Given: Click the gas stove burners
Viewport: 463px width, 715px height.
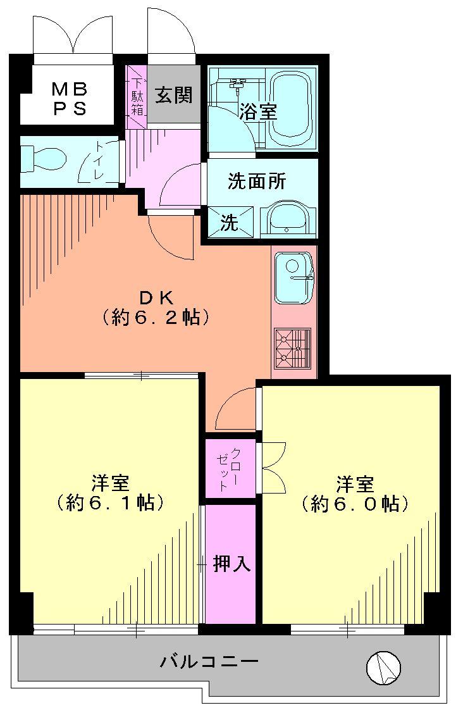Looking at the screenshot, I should point(293,348).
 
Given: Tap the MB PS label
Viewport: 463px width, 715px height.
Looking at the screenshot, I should point(70,98).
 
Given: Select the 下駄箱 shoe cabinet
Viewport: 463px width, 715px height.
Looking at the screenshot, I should point(137,97).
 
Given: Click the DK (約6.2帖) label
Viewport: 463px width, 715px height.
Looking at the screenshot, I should point(156,307).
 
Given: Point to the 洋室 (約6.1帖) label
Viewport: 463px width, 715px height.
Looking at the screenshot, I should point(111,494).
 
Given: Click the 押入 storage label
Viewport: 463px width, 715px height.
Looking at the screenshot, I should point(231,563).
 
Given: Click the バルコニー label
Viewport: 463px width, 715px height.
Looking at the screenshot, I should point(209,662).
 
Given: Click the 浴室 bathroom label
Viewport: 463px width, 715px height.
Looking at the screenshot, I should point(257,112).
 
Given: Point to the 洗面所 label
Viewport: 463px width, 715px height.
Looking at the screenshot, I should point(257,182).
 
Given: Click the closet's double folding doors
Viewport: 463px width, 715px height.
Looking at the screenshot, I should point(273,469).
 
